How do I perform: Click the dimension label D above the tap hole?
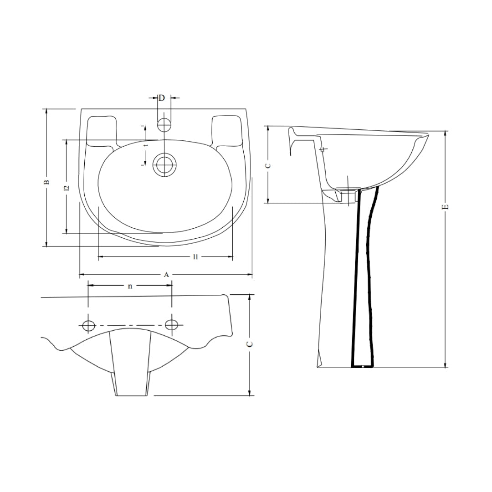click(x=161, y=98)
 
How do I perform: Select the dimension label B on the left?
click(x=46, y=182)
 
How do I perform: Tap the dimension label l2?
click(x=66, y=188)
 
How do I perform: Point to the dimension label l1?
click(x=195, y=257)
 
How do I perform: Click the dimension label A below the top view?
click(x=167, y=275)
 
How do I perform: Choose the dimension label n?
click(x=130, y=286)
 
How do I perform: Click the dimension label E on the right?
click(x=446, y=207)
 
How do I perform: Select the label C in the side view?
click(x=268, y=165)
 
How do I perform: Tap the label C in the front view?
click(x=250, y=344)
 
